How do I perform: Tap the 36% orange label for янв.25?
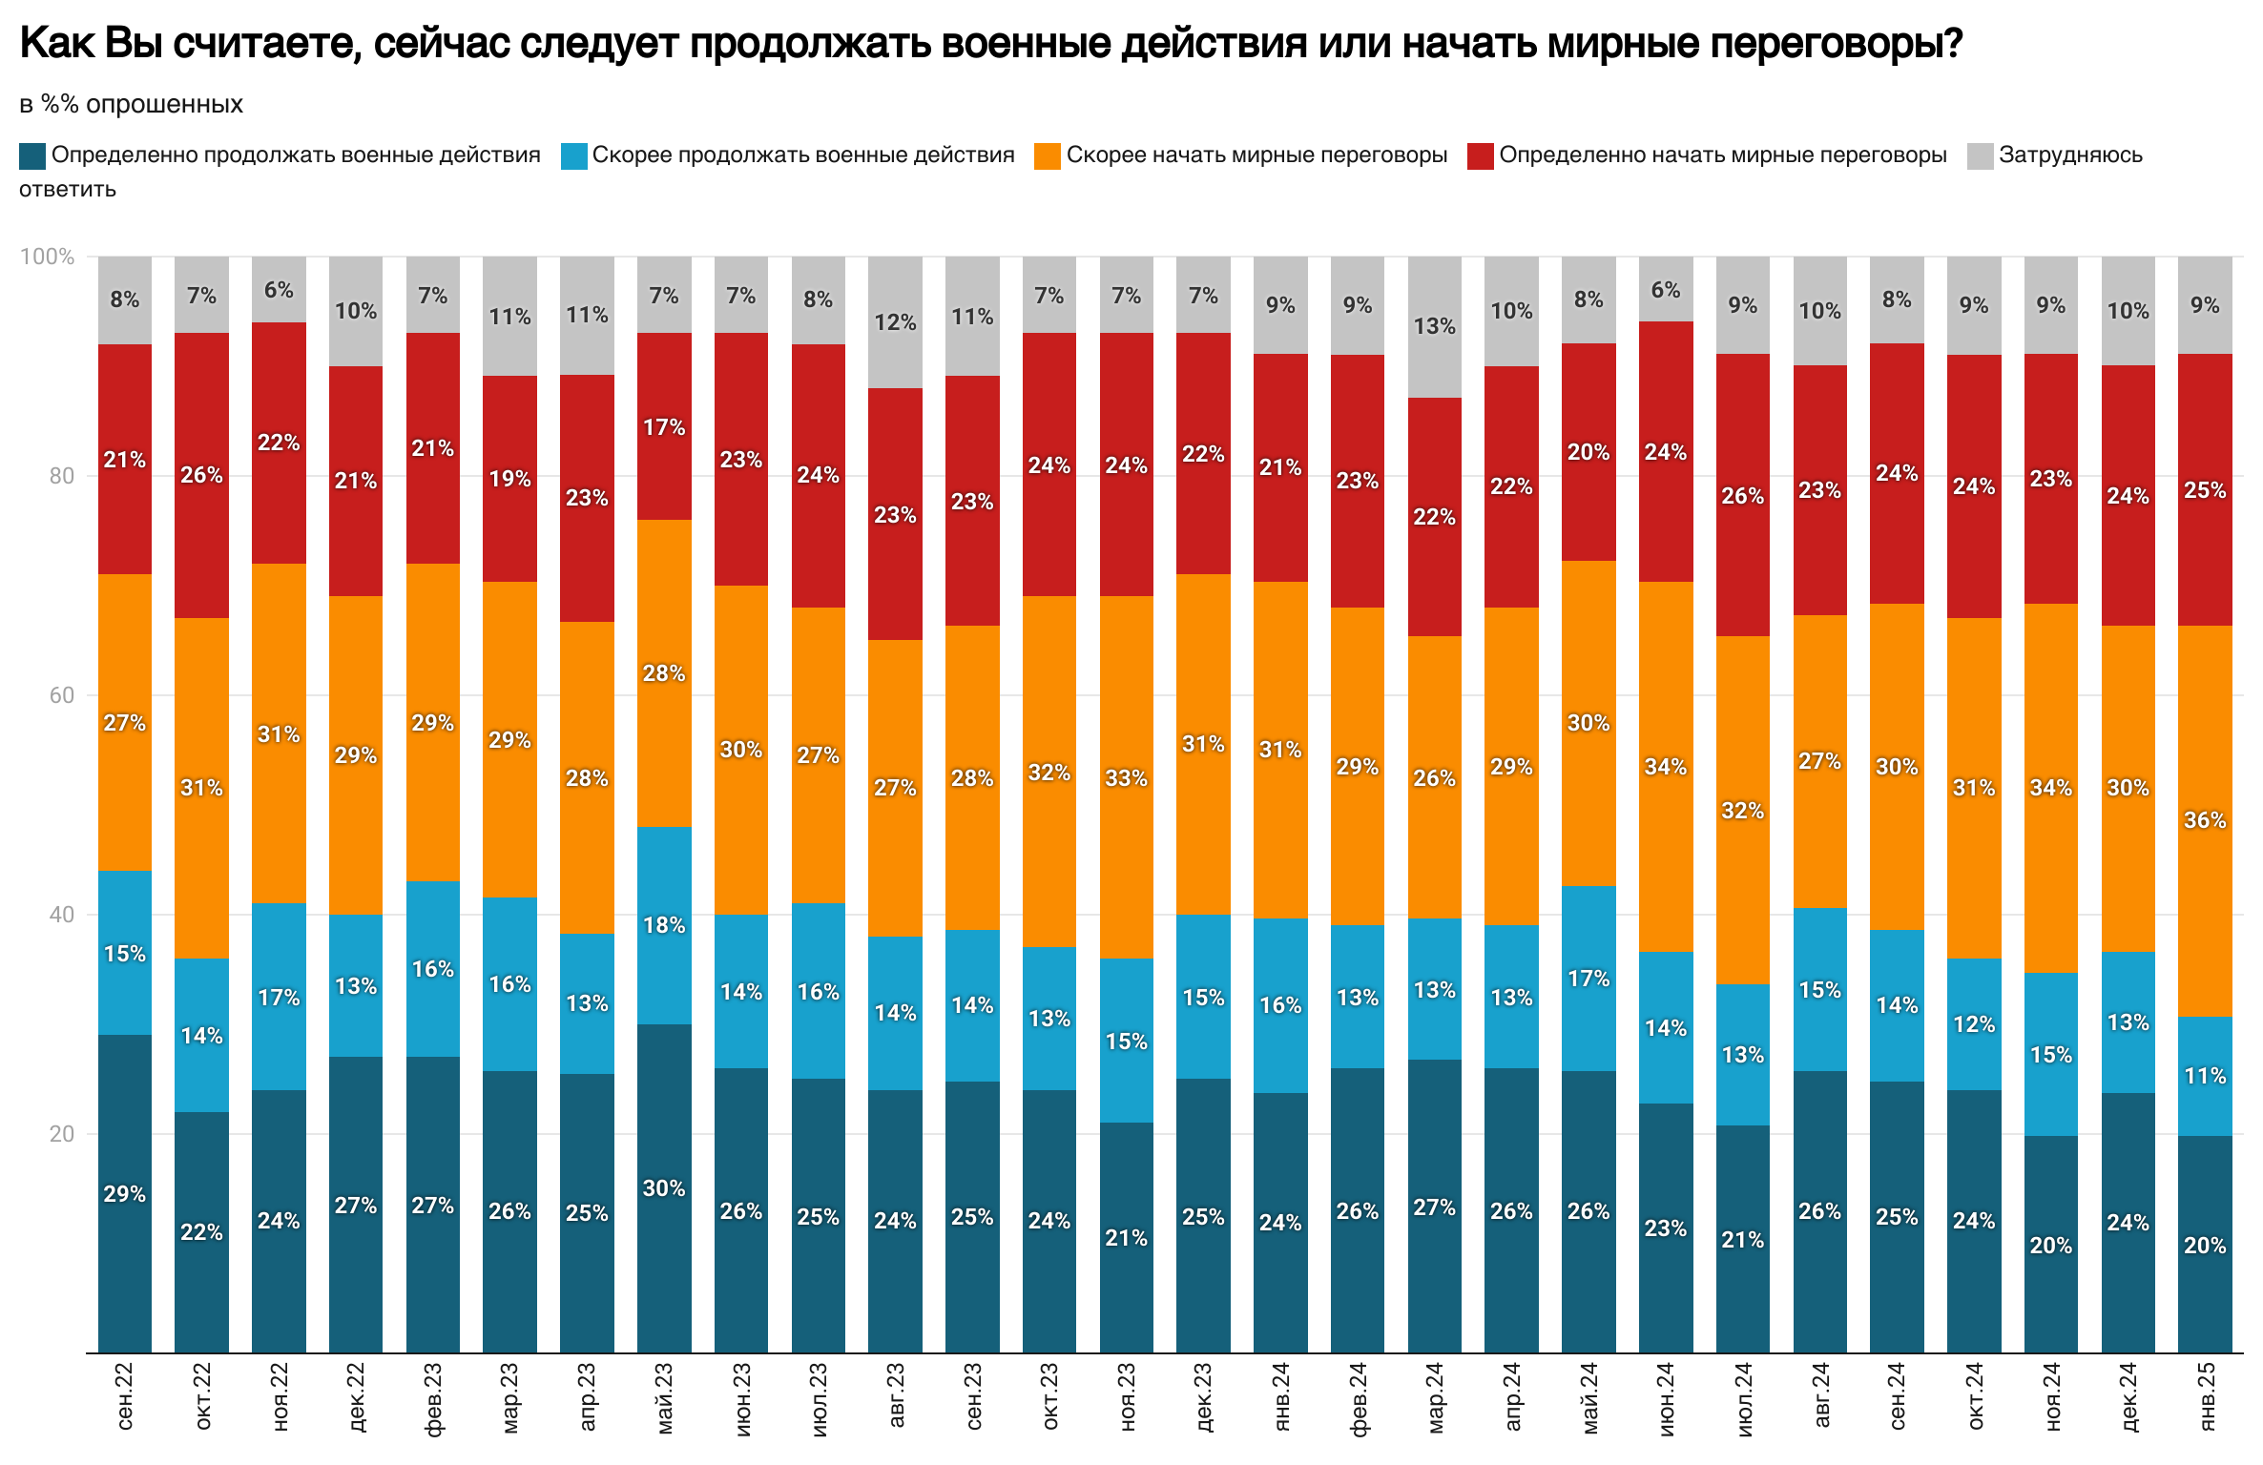click(2205, 820)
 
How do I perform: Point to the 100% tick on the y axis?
click(47, 257)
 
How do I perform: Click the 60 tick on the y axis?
click(61, 695)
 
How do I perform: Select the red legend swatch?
click(1480, 155)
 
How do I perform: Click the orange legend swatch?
click(1048, 155)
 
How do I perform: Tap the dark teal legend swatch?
click(32, 155)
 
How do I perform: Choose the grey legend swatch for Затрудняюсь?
click(1980, 155)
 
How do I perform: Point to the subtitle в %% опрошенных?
click(131, 104)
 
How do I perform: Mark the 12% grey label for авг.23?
click(895, 322)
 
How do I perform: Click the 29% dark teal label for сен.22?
click(125, 1194)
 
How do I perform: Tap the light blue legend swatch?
click(574, 155)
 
